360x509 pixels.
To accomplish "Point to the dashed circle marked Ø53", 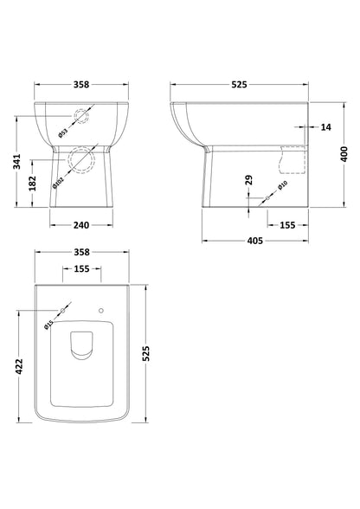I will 83,119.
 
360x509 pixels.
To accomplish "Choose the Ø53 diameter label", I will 62,132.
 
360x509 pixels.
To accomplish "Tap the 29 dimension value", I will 248,180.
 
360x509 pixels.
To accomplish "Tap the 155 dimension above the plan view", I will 80,269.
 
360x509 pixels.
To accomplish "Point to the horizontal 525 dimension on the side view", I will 240,85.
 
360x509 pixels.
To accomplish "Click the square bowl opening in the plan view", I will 80,346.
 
